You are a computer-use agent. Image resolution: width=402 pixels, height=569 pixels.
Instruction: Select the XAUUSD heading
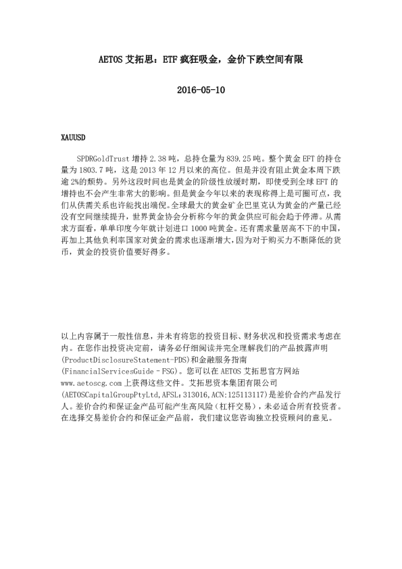click(74, 138)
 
